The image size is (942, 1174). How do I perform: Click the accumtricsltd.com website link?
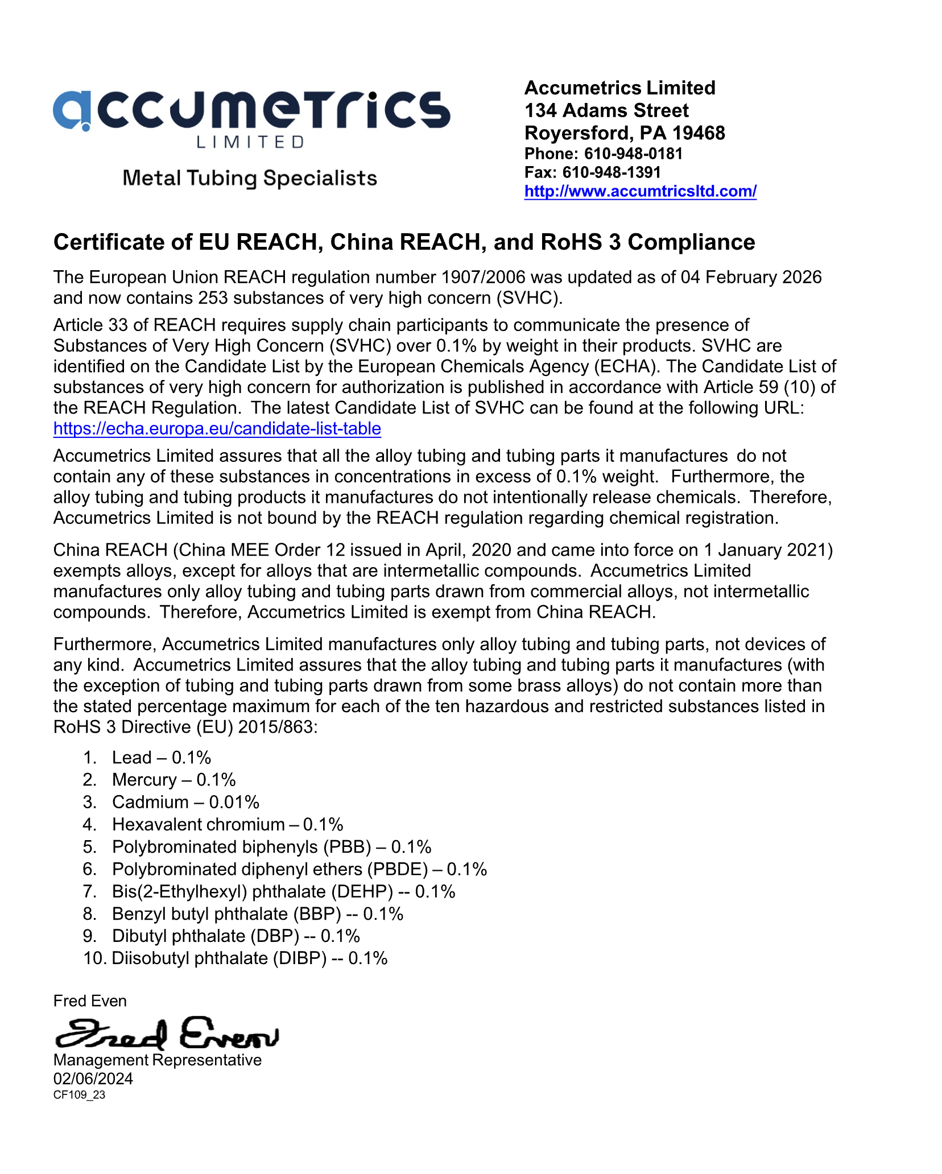640,191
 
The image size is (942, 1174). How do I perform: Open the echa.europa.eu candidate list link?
217,428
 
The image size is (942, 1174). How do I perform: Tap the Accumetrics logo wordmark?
251,110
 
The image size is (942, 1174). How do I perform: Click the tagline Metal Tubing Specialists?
250,179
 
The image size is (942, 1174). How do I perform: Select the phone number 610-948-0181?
633,154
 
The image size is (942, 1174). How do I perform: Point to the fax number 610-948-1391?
612,172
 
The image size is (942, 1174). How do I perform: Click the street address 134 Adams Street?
606,110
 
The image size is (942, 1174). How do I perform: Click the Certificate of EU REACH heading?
404,242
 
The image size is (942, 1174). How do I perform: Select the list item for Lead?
162,758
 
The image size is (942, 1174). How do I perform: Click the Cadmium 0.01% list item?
185,802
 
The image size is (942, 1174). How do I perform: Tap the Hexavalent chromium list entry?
228,824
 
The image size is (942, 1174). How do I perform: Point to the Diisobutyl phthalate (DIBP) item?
249,958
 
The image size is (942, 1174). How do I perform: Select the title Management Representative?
157,1060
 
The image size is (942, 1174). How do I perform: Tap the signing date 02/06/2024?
93,1078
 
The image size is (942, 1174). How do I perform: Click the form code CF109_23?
79,1095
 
